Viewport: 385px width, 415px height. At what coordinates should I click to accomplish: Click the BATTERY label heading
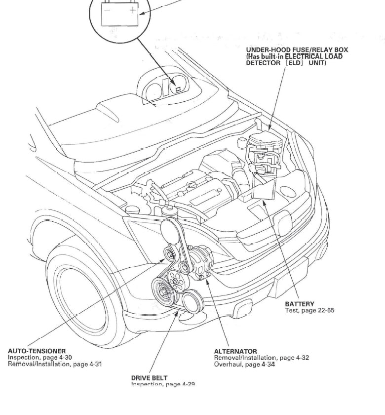pyautogui.click(x=300, y=304)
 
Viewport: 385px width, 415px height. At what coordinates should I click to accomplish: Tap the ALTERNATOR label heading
pyautogui.click(x=235, y=351)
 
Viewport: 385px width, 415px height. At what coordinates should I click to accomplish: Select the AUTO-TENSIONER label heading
pyautogui.click(x=37, y=351)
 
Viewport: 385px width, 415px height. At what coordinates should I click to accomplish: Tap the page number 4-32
pyautogui.click(x=298, y=358)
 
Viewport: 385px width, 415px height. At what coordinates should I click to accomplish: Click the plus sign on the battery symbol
pyautogui.click(x=132, y=10)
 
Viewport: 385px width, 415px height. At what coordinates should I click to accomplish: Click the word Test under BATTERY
pyautogui.click(x=292, y=310)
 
